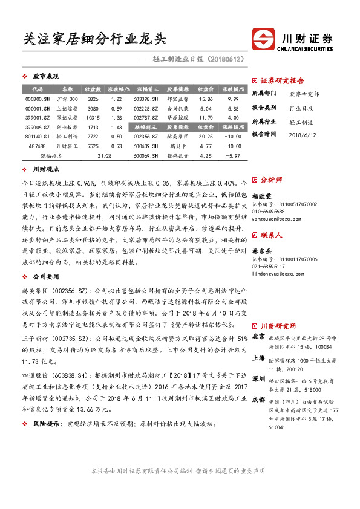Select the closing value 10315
[93, 118]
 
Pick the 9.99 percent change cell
[233, 99]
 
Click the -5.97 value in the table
[233, 156]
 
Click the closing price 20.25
[205, 137]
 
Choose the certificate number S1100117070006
[284, 242]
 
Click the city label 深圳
[258, 378]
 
